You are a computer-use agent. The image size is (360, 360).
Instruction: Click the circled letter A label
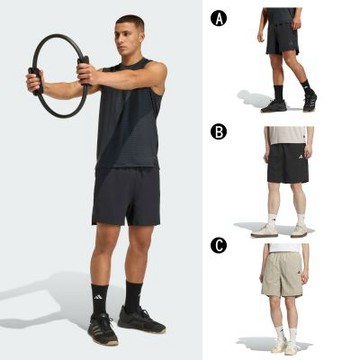219,18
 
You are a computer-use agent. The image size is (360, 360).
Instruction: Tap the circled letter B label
219,132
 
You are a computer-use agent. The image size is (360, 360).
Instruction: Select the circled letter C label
219,246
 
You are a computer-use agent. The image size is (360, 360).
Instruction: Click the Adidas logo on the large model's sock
98,297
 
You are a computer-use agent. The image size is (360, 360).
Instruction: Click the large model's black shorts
126,196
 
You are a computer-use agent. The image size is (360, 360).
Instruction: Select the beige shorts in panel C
283,274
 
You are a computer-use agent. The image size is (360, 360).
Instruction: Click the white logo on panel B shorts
301,156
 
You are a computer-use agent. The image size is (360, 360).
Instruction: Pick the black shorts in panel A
283,38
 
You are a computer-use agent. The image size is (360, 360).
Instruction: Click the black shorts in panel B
288,163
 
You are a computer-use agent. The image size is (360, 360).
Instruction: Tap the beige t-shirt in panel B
287,135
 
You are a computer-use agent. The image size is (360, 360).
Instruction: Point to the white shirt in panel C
285,248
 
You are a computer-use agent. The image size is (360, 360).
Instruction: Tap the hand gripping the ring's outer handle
35,81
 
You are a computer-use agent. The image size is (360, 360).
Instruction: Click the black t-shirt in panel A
281,16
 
